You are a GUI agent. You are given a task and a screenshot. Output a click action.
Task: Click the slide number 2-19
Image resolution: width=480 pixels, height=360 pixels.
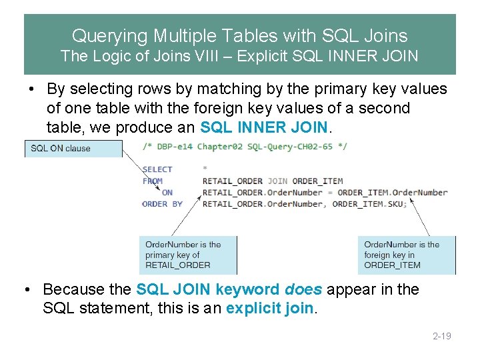[x=442, y=336]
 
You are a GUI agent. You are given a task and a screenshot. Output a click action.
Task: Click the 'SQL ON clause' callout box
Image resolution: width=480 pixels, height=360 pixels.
[x=73, y=149]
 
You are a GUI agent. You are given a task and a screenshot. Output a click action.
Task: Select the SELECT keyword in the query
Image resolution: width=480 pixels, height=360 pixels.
[x=157, y=169]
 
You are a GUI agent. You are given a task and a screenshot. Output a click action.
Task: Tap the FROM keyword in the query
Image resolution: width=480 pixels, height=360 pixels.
[x=153, y=181]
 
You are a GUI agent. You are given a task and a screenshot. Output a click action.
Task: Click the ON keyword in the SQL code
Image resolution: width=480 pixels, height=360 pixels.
[x=167, y=192]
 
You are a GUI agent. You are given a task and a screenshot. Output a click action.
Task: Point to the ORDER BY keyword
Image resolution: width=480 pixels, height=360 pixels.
[x=163, y=203]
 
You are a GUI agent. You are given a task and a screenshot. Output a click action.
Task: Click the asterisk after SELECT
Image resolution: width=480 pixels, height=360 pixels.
[x=205, y=169]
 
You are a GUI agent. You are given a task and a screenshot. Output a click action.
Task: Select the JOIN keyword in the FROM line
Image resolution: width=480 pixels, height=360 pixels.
[x=277, y=181]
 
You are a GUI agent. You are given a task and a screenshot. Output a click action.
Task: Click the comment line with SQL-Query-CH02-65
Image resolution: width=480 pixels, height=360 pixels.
[x=245, y=146]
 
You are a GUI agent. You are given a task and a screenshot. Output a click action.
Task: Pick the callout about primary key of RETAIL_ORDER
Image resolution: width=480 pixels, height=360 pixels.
[x=187, y=255]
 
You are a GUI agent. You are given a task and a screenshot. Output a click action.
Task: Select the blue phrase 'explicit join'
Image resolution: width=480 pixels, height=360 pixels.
[x=269, y=309]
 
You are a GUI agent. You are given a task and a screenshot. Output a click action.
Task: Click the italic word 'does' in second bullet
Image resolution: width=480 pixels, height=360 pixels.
[x=303, y=289]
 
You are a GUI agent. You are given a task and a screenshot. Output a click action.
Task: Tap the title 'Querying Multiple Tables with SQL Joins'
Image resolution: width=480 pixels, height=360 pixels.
[x=239, y=35]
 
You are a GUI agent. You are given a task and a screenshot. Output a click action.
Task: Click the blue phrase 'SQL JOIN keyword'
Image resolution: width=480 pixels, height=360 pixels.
[x=208, y=289]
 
